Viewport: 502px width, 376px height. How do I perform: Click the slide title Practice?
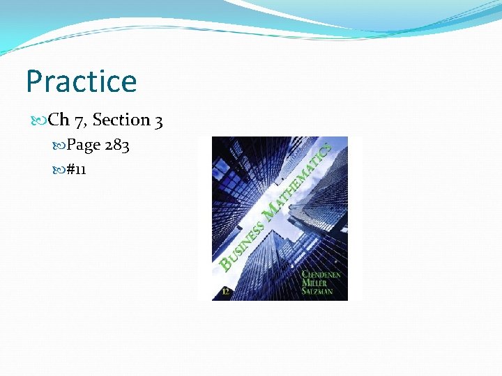click(x=82, y=81)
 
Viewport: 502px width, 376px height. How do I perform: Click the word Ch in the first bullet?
click(x=59, y=120)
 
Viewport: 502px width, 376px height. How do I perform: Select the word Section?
click(x=121, y=120)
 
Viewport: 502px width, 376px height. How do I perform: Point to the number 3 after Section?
click(x=159, y=120)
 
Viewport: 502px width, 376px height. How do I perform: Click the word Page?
click(x=84, y=145)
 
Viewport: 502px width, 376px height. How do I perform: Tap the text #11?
click(x=76, y=169)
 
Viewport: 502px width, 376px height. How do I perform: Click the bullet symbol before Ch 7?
click(x=40, y=120)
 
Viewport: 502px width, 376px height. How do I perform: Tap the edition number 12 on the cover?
click(x=225, y=292)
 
